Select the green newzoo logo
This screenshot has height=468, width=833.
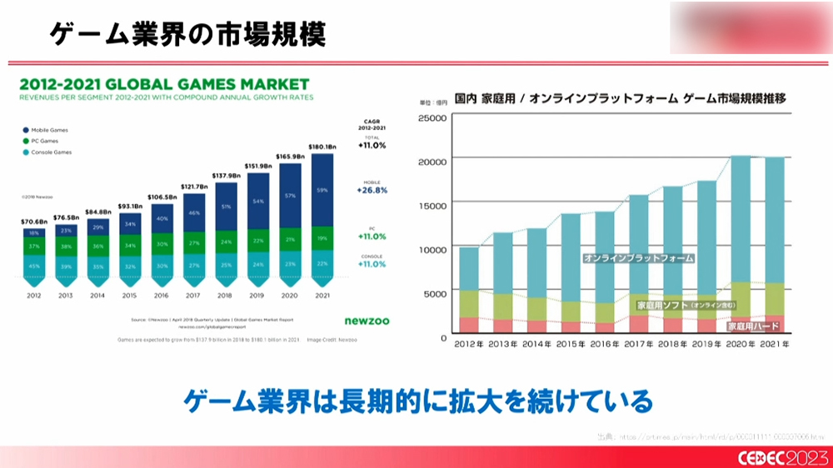tap(367, 320)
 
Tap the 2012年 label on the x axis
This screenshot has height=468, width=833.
tap(469, 343)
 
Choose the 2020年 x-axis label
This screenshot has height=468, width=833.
tap(741, 343)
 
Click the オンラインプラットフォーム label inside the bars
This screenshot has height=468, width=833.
tap(638, 258)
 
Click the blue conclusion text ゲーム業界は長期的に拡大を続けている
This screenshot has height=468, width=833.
tap(416, 402)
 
